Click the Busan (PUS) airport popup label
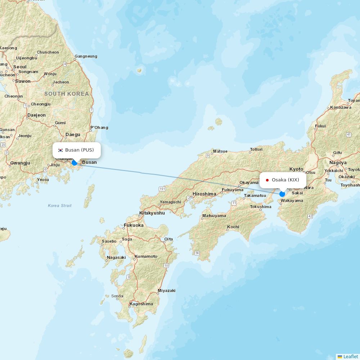click(x=77, y=150)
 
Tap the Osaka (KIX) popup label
click(x=283, y=180)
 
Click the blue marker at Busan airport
click(x=74, y=163)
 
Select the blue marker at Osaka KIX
click(x=282, y=194)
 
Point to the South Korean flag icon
click(x=60, y=150)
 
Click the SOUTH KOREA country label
click(x=67, y=94)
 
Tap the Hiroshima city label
click(x=204, y=194)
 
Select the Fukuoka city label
click(x=134, y=225)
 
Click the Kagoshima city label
click(x=141, y=304)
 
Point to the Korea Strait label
click(x=60, y=206)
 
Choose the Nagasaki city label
click(x=116, y=257)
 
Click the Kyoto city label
click(x=296, y=169)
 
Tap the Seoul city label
click(x=20, y=67)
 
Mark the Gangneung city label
click(x=86, y=56)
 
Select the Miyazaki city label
click(x=166, y=291)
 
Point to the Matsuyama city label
click(x=214, y=216)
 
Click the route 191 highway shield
click(x=162, y=189)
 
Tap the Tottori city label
click(x=256, y=149)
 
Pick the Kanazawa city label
click(x=341, y=107)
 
